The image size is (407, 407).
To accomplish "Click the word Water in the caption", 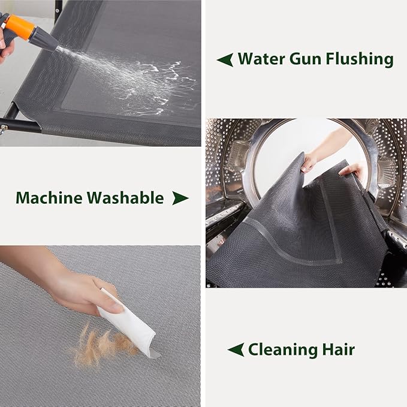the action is coord(261,59).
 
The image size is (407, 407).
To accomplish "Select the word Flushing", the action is coord(360,59).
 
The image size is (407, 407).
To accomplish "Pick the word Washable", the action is coord(125,198).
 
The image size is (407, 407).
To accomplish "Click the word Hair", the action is coord(338,349).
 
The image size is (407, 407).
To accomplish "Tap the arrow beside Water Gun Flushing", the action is coord(225,59).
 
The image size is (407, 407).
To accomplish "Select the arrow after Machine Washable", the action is coord(180,198).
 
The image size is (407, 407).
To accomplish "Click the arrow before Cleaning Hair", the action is coord(236,349).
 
